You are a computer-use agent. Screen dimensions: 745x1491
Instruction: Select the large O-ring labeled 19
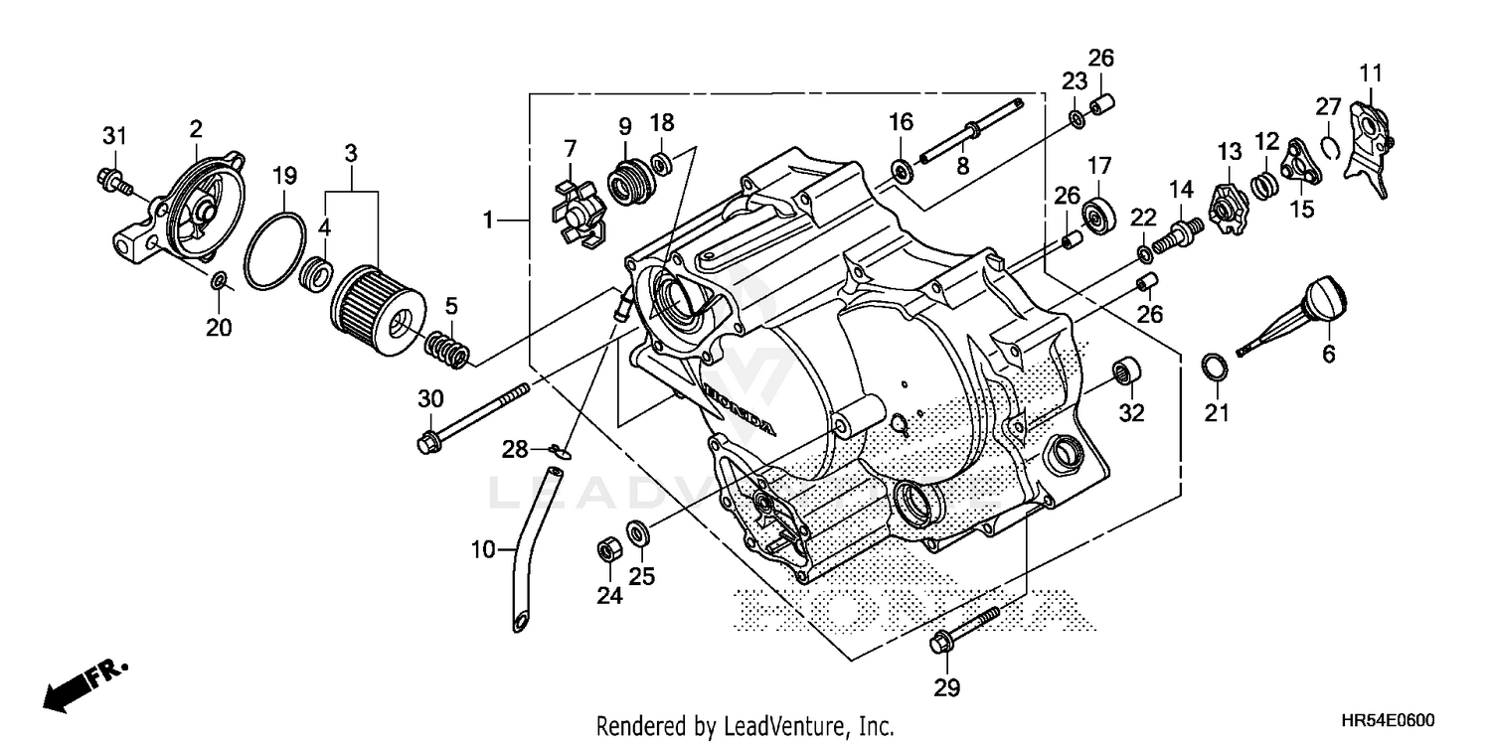(x=277, y=253)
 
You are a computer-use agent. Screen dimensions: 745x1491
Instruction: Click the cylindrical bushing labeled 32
(x=1126, y=373)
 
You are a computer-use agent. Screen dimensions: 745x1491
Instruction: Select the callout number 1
(x=488, y=220)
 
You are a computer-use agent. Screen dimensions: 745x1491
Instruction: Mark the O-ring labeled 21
(x=1215, y=367)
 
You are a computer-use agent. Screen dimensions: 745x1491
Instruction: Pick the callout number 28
(x=514, y=450)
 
